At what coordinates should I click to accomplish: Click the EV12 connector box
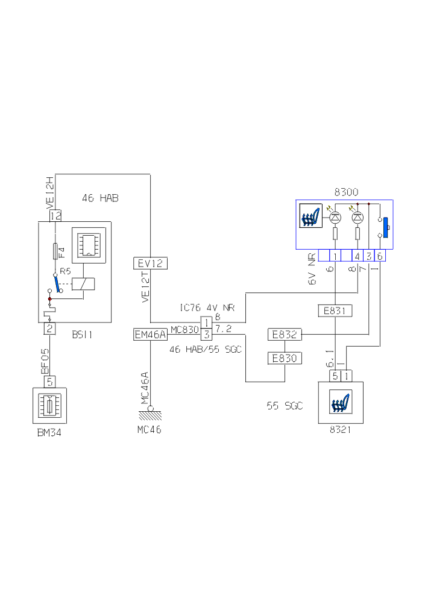click(x=150, y=263)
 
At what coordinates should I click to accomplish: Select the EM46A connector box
click(x=150, y=335)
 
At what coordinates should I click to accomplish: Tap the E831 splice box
click(x=335, y=311)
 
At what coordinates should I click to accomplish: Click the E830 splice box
click(x=285, y=358)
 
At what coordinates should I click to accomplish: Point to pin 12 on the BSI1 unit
click(x=55, y=215)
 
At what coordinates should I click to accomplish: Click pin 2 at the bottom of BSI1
click(x=50, y=329)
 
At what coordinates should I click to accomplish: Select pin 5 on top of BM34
click(x=50, y=381)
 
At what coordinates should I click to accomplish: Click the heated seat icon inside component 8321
click(x=342, y=402)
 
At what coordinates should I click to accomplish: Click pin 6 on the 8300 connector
click(x=380, y=256)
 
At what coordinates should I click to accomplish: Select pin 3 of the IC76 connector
click(x=206, y=334)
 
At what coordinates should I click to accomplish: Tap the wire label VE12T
click(x=145, y=288)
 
